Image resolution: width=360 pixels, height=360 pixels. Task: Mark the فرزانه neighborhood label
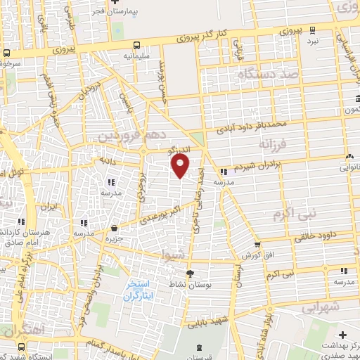pyautogui.click(x=274, y=144)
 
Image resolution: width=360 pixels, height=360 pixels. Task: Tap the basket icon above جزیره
pyautogui.click(x=114, y=228)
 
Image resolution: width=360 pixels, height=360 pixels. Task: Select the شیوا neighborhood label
pyautogui.click(x=174, y=253)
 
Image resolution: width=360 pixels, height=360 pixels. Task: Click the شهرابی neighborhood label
pyautogui.click(x=323, y=307)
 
